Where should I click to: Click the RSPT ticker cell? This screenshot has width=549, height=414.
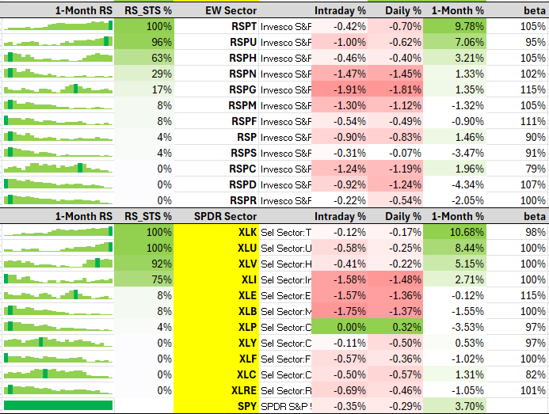pos(244,26)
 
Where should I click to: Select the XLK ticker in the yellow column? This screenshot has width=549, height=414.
pos(247,232)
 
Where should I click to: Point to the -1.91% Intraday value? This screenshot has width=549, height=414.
pos(349,89)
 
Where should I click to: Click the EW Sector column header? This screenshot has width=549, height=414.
pos(231,10)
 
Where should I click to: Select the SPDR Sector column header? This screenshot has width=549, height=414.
pos(225,216)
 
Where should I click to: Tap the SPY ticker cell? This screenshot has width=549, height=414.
pos(247,406)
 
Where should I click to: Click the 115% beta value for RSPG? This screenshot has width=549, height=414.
pos(532,89)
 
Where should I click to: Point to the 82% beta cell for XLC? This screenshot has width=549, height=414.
pos(536,374)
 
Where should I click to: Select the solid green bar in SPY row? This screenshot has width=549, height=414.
pos(58,405)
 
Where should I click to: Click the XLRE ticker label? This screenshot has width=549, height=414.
pos(244,390)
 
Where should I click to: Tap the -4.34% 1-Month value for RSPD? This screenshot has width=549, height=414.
pos(467,184)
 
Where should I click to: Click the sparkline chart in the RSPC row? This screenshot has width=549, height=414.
pos(58,168)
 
